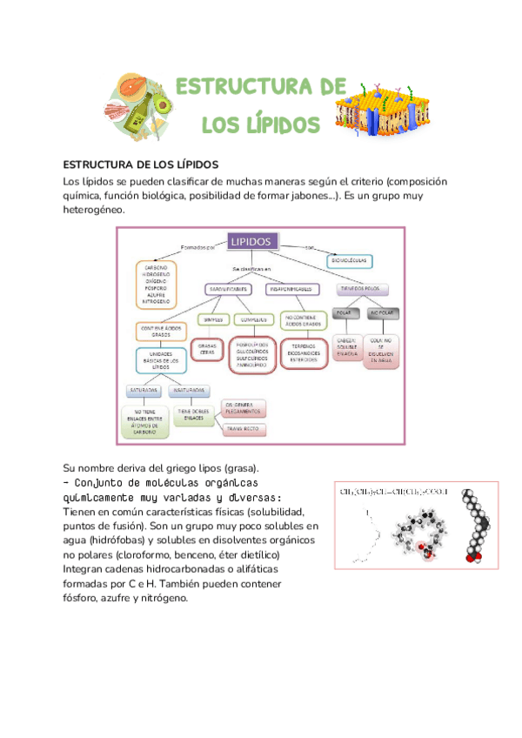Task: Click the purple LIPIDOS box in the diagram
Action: [x=252, y=241]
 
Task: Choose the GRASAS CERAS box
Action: [x=208, y=348]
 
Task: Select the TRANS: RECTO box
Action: [x=243, y=429]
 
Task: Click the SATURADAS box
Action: [x=144, y=390]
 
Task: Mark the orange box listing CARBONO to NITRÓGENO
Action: [x=156, y=284]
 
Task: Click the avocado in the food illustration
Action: [x=162, y=105]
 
